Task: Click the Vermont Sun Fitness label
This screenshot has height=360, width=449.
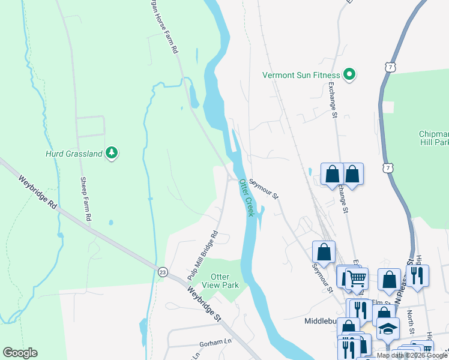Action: click(301, 75)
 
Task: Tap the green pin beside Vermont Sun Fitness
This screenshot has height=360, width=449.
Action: click(349, 75)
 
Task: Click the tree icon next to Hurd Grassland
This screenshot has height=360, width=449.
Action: click(111, 154)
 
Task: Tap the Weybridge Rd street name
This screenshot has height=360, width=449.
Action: click(37, 192)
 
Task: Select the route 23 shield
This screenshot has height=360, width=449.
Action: click(162, 272)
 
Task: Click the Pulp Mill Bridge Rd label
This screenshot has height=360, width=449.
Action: click(202, 248)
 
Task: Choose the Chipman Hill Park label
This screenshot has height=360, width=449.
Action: click(433, 138)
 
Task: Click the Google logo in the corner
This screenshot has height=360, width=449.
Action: click(20, 353)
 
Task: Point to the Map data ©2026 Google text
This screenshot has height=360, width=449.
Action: click(412, 356)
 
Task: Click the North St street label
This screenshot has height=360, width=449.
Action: click(411, 321)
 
